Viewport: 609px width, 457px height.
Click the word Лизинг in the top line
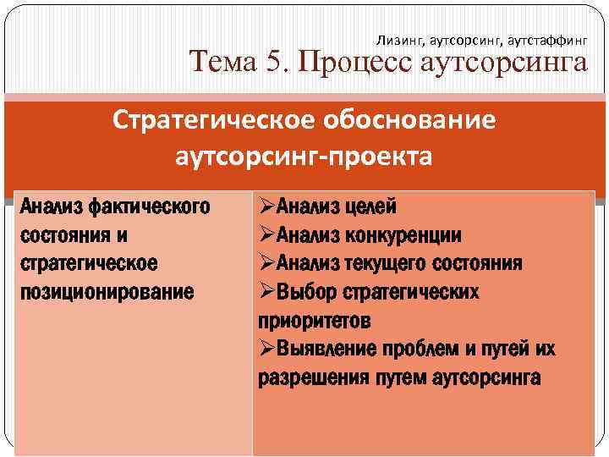pyautogui.click(x=395, y=40)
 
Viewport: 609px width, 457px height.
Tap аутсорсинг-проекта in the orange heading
pyautogui.click(x=304, y=157)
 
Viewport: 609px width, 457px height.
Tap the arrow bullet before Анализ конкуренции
pyautogui.click(x=266, y=234)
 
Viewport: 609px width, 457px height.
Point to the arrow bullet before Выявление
pyautogui.click(x=266, y=350)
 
